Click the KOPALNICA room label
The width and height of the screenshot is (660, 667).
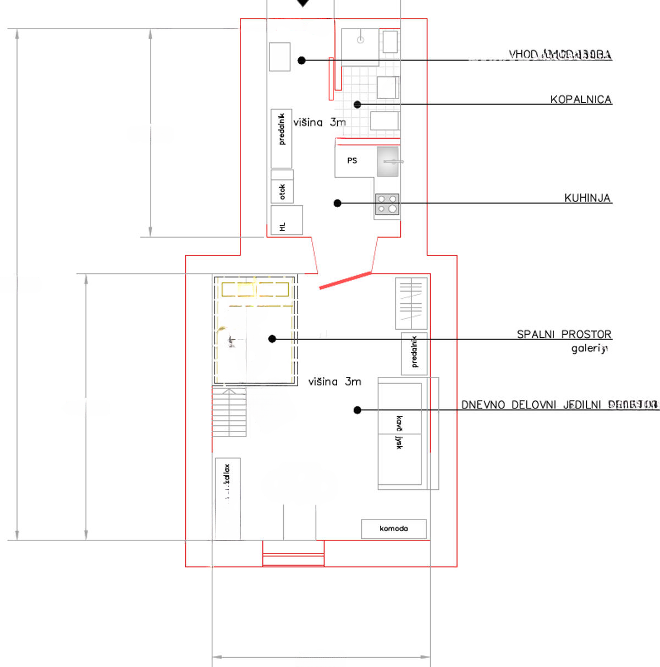[x=581, y=100]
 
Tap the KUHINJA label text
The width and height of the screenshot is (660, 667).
[x=587, y=198]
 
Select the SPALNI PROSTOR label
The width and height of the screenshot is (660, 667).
[x=564, y=334]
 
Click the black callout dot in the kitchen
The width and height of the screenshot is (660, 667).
[x=338, y=203]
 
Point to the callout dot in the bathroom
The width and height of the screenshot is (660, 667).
[x=358, y=104]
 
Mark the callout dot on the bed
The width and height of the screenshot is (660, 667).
[x=272, y=339]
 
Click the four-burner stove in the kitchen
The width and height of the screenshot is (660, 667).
[x=387, y=204]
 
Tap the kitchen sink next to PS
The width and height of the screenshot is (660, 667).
[x=388, y=161]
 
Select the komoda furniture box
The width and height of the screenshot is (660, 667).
[x=394, y=528]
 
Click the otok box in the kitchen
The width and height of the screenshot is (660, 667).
[x=282, y=192]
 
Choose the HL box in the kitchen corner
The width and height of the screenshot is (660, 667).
[x=286, y=220]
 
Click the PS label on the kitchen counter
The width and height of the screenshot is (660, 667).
[x=352, y=161]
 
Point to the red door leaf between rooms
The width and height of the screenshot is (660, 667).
[x=345, y=280]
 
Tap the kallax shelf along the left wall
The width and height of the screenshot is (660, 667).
[x=228, y=498]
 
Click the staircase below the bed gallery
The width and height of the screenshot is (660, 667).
[x=229, y=412]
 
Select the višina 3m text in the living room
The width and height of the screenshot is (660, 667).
[x=334, y=381]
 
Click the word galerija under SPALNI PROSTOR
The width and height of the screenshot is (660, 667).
[x=589, y=348]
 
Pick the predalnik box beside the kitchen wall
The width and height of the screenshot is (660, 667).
[x=282, y=138]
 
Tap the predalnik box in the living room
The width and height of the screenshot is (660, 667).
[x=414, y=354]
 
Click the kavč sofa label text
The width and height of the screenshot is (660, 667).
[x=399, y=424]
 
